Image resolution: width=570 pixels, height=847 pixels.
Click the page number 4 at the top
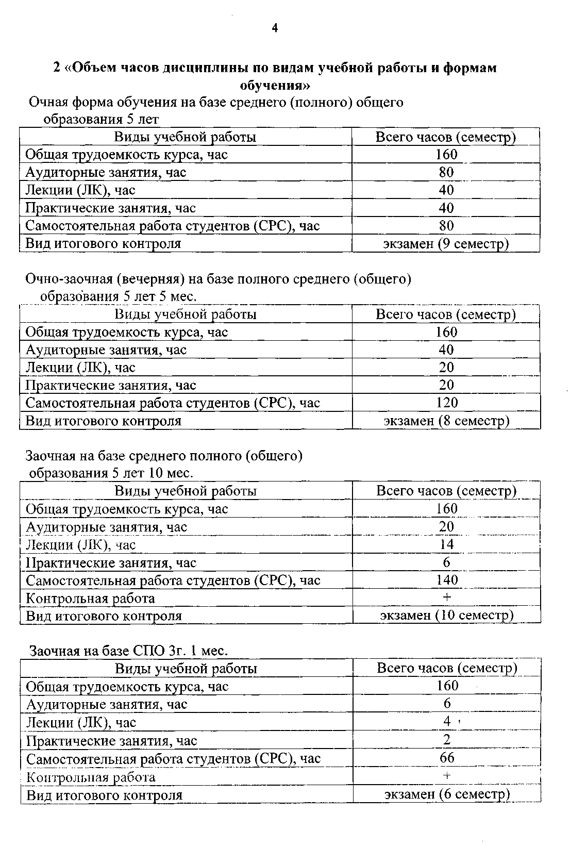pyautogui.click(x=275, y=28)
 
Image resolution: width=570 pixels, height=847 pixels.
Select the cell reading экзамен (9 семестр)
pyautogui.click(x=446, y=244)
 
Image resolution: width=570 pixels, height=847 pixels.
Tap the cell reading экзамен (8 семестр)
pyautogui.click(x=446, y=421)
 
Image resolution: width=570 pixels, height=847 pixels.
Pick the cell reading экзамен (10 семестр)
pyautogui.click(x=446, y=616)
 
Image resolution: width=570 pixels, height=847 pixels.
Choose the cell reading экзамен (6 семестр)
pyautogui.click(x=447, y=794)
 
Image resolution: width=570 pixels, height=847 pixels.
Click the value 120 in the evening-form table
pyautogui.click(x=446, y=403)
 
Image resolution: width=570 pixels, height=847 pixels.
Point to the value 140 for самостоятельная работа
pyautogui.click(x=446, y=580)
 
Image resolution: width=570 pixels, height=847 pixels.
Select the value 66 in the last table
pyautogui.click(x=447, y=758)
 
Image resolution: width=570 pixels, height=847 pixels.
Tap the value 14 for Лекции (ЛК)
pyautogui.click(x=446, y=544)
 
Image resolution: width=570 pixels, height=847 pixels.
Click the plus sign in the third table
pyautogui.click(x=447, y=597)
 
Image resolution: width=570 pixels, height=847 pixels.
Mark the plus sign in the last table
pyautogui.click(x=447, y=776)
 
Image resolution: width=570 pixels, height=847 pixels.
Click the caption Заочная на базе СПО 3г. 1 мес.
pyautogui.click(x=128, y=651)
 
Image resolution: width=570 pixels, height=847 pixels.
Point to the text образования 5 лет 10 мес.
pyautogui.click(x=111, y=473)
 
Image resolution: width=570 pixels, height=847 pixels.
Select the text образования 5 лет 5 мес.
pyautogui.click(x=119, y=297)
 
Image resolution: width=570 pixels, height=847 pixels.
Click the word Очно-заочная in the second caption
pyautogui.click(x=69, y=279)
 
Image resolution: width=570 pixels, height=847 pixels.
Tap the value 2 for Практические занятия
pyautogui.click(x=447, y=740)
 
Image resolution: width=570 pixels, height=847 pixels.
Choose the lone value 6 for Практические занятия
pyautogui.click(x=446, y=562)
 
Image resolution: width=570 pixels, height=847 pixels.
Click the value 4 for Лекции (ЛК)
pyautogui.click(x=447, y=722)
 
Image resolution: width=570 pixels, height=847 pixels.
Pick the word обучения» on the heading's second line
pyautogui.click(x=275, y=85)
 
